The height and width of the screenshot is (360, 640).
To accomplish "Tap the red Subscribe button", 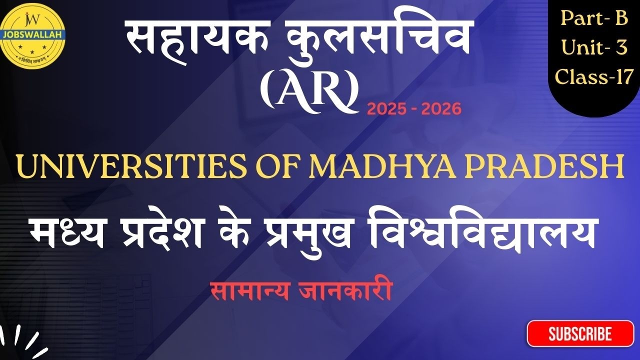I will point(580,333).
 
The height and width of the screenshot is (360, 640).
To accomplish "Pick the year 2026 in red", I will point(441,109).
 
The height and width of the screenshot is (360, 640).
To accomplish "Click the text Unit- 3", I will point(594,47).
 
